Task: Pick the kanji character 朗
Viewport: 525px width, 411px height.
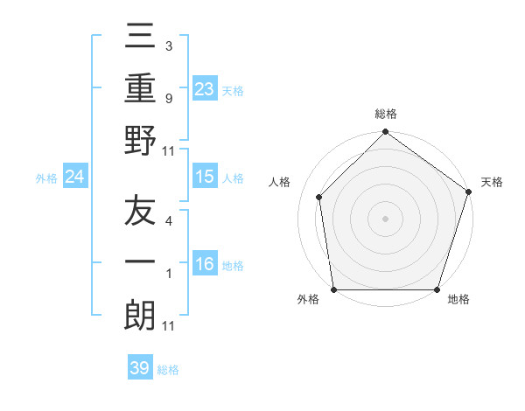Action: click(140, 316)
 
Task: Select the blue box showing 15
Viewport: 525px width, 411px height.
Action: click(205, 177)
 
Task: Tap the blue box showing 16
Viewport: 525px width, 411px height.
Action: click(205, 264)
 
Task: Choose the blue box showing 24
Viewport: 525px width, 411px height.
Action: click(75, 178)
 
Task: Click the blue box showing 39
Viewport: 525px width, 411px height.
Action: click(140, 368)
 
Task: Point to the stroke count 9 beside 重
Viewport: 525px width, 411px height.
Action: click(168, 99)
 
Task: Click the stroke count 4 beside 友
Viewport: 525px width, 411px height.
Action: click(168, 222)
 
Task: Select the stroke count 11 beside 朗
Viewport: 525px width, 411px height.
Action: click(169, 326)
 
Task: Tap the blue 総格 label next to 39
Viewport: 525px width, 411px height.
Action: click(168, 370)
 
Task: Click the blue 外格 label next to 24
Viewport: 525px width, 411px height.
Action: click(46, 178)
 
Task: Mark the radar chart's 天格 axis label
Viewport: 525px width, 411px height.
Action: click(492, 182)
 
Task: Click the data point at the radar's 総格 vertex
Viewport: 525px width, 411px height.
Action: click(385, 134)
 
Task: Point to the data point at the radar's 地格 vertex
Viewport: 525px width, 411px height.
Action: click(437, 289)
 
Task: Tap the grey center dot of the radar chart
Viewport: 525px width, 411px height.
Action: click(385, 218)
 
